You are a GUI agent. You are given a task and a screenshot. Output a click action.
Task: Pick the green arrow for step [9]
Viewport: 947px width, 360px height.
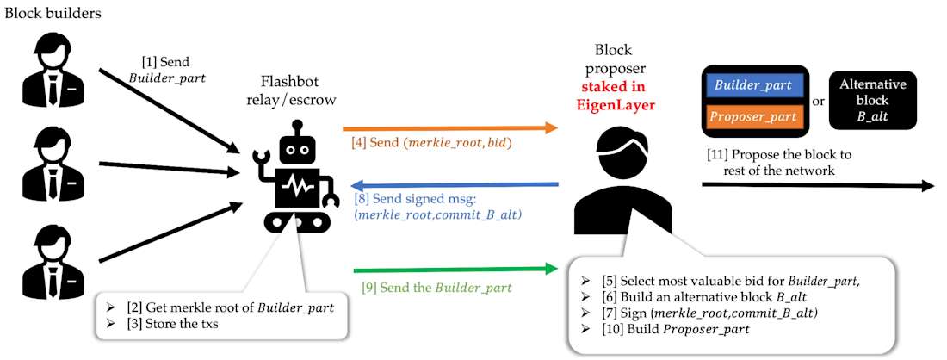[x=456, y=270]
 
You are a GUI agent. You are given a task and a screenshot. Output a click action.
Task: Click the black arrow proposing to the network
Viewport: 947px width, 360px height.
[x=818, y=185]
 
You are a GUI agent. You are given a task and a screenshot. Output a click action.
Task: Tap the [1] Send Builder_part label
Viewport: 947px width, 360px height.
[x=164, y=70]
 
